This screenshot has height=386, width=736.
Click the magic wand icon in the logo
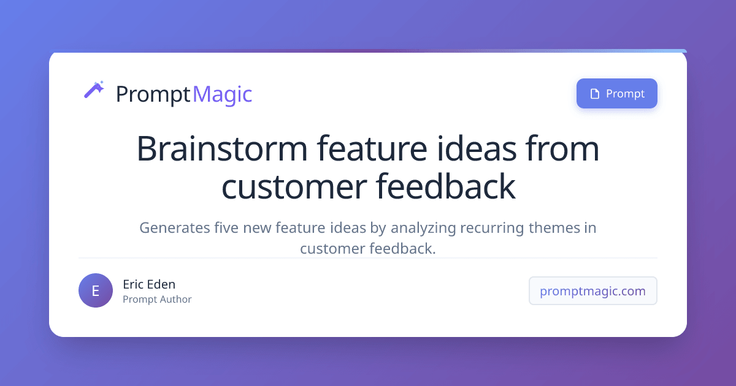[94, 90]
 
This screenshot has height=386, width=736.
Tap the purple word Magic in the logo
[222, 94]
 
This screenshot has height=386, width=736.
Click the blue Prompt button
[616, 94]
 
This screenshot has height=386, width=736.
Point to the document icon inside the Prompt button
[594, 94]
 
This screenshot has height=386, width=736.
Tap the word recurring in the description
[493, 229]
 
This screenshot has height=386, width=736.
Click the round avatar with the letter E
[96, 290]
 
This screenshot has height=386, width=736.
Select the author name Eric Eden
[149, 284]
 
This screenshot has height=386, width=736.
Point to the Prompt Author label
[157, 300]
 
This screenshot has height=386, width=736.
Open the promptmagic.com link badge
[592, 291]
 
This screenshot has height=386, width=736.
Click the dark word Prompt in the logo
[153, 94]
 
